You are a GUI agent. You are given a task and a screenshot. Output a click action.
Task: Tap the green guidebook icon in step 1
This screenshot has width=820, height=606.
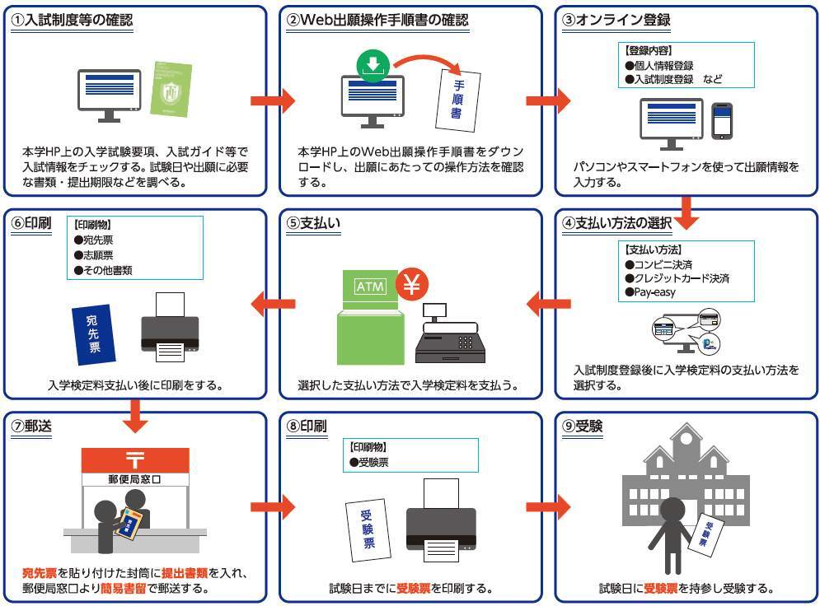pos(171,88)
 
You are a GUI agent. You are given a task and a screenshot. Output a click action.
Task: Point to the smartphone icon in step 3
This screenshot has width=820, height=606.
pos(722,121)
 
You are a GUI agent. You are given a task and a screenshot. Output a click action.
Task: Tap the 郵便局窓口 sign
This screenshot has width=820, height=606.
pos(134,478)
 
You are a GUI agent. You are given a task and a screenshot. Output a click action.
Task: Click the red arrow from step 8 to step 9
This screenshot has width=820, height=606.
pos(548,505)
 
